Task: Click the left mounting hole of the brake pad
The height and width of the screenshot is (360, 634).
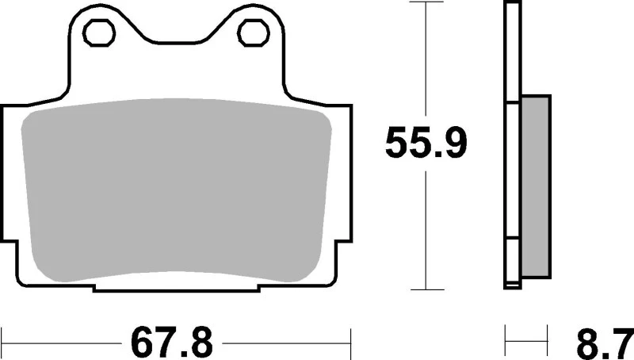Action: (x=100, y=33)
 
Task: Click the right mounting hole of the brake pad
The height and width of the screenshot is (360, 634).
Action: (x=253, y=33)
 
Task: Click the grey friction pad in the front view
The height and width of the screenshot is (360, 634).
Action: (x=176, y=191)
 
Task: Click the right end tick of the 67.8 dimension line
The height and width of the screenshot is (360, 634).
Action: (x=350, y=343)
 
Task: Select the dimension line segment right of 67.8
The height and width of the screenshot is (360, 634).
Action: (x=285, y=343)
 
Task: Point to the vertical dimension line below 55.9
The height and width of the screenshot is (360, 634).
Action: (x=427, y=230)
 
